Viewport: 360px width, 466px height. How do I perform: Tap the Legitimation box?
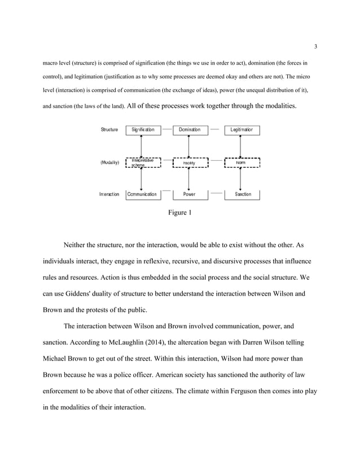pyautogui.click(x=242, y=130)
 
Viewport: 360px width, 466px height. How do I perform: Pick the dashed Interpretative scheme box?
pyautogui.click(x=143, y=162)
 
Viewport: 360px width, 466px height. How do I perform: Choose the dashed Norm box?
pyautogui.click(x=242, y=162)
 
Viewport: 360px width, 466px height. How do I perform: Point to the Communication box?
pyautogui.click(x=142, y=194)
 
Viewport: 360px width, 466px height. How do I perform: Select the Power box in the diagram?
pyautogui.click(x=190, y=194)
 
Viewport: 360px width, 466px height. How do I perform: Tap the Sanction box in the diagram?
pyautogui.click(x=243, y=194)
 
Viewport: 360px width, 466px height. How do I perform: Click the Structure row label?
pyautogui.click(x=109, y=130)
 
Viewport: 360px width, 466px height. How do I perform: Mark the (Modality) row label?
pyautogui.click(x=109, y=162)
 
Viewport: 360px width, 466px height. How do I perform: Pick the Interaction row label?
pyautogui.click(x=109, y=194)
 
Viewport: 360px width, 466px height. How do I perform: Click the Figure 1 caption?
pyautogui.click(x=179, y=213)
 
